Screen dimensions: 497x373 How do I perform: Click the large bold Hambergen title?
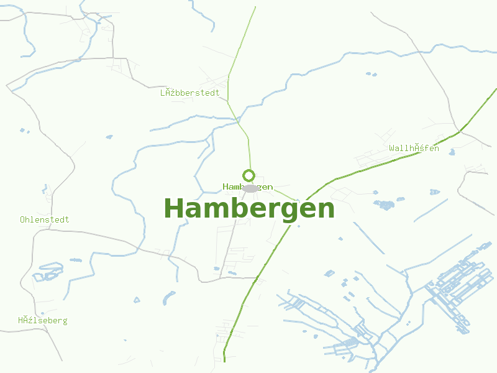pos(248,209)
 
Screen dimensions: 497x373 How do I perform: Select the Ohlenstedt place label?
pos(45,219)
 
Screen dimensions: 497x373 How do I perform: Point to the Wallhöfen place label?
pos(414,148)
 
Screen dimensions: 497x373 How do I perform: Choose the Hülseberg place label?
pos(42,321)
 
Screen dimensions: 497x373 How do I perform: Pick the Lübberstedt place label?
pos(189,93)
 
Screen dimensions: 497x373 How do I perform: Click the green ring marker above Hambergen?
pos(248,175)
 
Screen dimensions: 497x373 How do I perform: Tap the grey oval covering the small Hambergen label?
pos(250,188)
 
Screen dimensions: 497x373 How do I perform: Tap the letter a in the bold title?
pos(194,210)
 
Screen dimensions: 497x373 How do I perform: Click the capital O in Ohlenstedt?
pos(23,219)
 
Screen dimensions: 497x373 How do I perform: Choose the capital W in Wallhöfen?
pos(392,148)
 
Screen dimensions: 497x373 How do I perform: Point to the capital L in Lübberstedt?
pos(163,93)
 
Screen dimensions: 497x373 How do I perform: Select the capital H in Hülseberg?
pos(21,321)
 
